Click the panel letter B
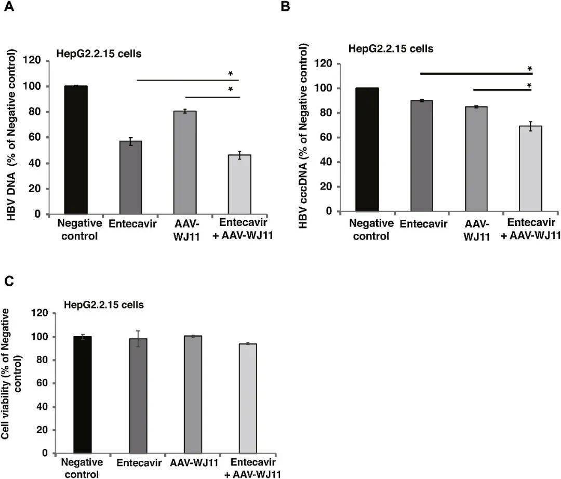click(285, 6)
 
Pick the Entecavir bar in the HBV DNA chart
click(130, 177)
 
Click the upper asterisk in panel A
click(231, 74)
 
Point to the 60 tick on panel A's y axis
click(34, 138)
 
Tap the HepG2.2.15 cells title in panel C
click(103, 305)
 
